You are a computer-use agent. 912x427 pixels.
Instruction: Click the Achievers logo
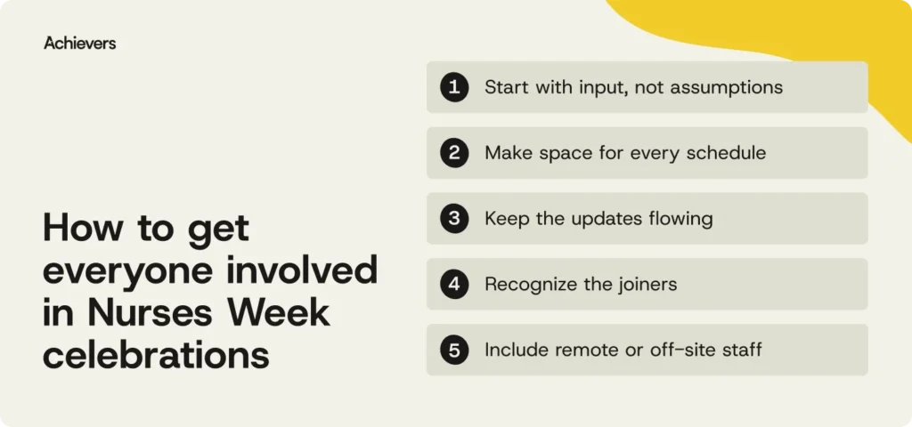pyautogui.click(x=79, y=43)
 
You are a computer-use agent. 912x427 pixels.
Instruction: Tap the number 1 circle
pyautogui.click(x=454, y=87)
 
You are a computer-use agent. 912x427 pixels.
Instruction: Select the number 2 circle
pyautogui.click(x=454, y=153)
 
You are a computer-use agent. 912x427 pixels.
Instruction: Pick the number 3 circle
pyautogui.click(x=454, y=219)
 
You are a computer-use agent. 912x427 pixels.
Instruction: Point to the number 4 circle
pyautogui.click(x=454, y=284)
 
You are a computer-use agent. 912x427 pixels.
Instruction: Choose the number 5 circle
pyautogui.click(x=454, y=350)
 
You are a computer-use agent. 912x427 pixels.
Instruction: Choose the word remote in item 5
pyautogui.click(x=582, y=350)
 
